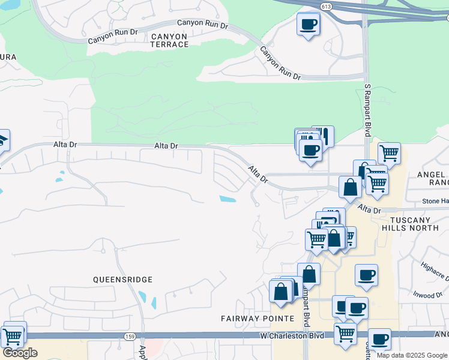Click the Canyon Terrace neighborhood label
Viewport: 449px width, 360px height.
point(169,40)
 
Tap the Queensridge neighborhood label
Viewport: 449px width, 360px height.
point(122,280)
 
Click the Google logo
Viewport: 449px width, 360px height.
point(20,353)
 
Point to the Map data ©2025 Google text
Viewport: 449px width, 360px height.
point(412,355)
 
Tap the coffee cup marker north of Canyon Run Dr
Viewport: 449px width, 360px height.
point(308,25)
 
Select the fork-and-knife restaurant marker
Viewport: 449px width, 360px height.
point(324,136)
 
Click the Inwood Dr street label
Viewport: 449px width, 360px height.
point(427,295)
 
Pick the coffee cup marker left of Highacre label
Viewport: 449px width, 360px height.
point(366,276)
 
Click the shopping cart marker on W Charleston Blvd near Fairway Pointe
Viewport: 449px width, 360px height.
point(345,333)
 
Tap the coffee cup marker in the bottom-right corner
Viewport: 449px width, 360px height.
point(379,340)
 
